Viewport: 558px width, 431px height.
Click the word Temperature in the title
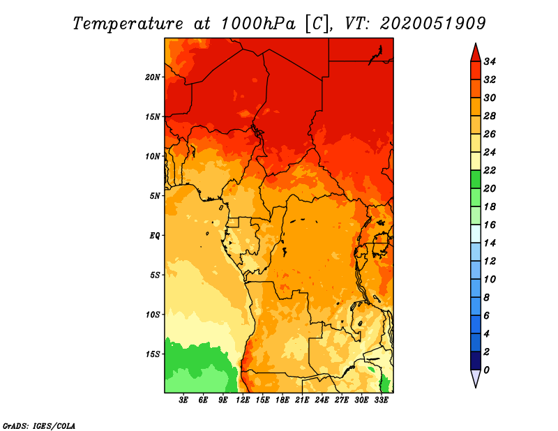(x=128, y=24)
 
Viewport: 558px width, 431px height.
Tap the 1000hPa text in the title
(x=258, y=24)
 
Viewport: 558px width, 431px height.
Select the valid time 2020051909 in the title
(x=432, y=24)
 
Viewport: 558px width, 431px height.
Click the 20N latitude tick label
(x=153, y=77)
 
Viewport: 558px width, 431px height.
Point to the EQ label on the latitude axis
(x=155, y=236)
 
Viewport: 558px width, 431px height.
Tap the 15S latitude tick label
(x=153, y=354)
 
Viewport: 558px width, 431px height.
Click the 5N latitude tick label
(x=155, y=196)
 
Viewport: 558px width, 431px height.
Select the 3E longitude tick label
(x=183, y=400)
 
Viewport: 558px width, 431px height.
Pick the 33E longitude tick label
(x=381, y=400)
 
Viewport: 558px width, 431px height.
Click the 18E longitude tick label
(x=282, y=400)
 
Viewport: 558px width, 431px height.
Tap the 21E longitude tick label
(x=302, y=400)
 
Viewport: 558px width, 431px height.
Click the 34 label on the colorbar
(x=490, y=61)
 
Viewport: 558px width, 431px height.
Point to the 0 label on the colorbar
(x=486, y=370)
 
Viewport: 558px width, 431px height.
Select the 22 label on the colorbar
(x=490, y=170)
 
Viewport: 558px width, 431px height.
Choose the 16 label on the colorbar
(x=490, y=225)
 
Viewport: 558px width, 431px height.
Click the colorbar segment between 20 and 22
(x=476, y=179)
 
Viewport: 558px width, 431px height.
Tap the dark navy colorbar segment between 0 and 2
(x=476, y=361)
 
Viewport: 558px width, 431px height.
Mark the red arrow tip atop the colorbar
(x=476, y=43)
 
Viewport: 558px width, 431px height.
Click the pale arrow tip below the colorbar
(x=476, y=387)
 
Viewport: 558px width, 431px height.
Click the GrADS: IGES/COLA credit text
(x=39, y=426)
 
